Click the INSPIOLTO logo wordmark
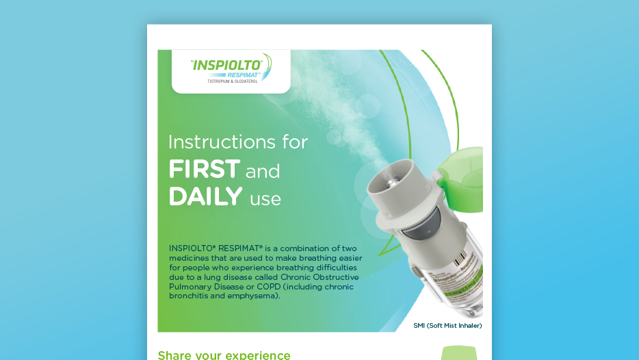(x=226, y=66)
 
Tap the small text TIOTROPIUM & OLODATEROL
(x=231, y=82)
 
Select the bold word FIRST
(x=204, y=168)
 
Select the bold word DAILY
(x=205, y=197)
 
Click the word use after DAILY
(x=265, y=199)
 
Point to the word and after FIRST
(x=263, y=170)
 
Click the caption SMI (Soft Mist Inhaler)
(x=447, y=325)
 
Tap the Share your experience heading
(x=224, y=355)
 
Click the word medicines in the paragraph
(x=191, y=257)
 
